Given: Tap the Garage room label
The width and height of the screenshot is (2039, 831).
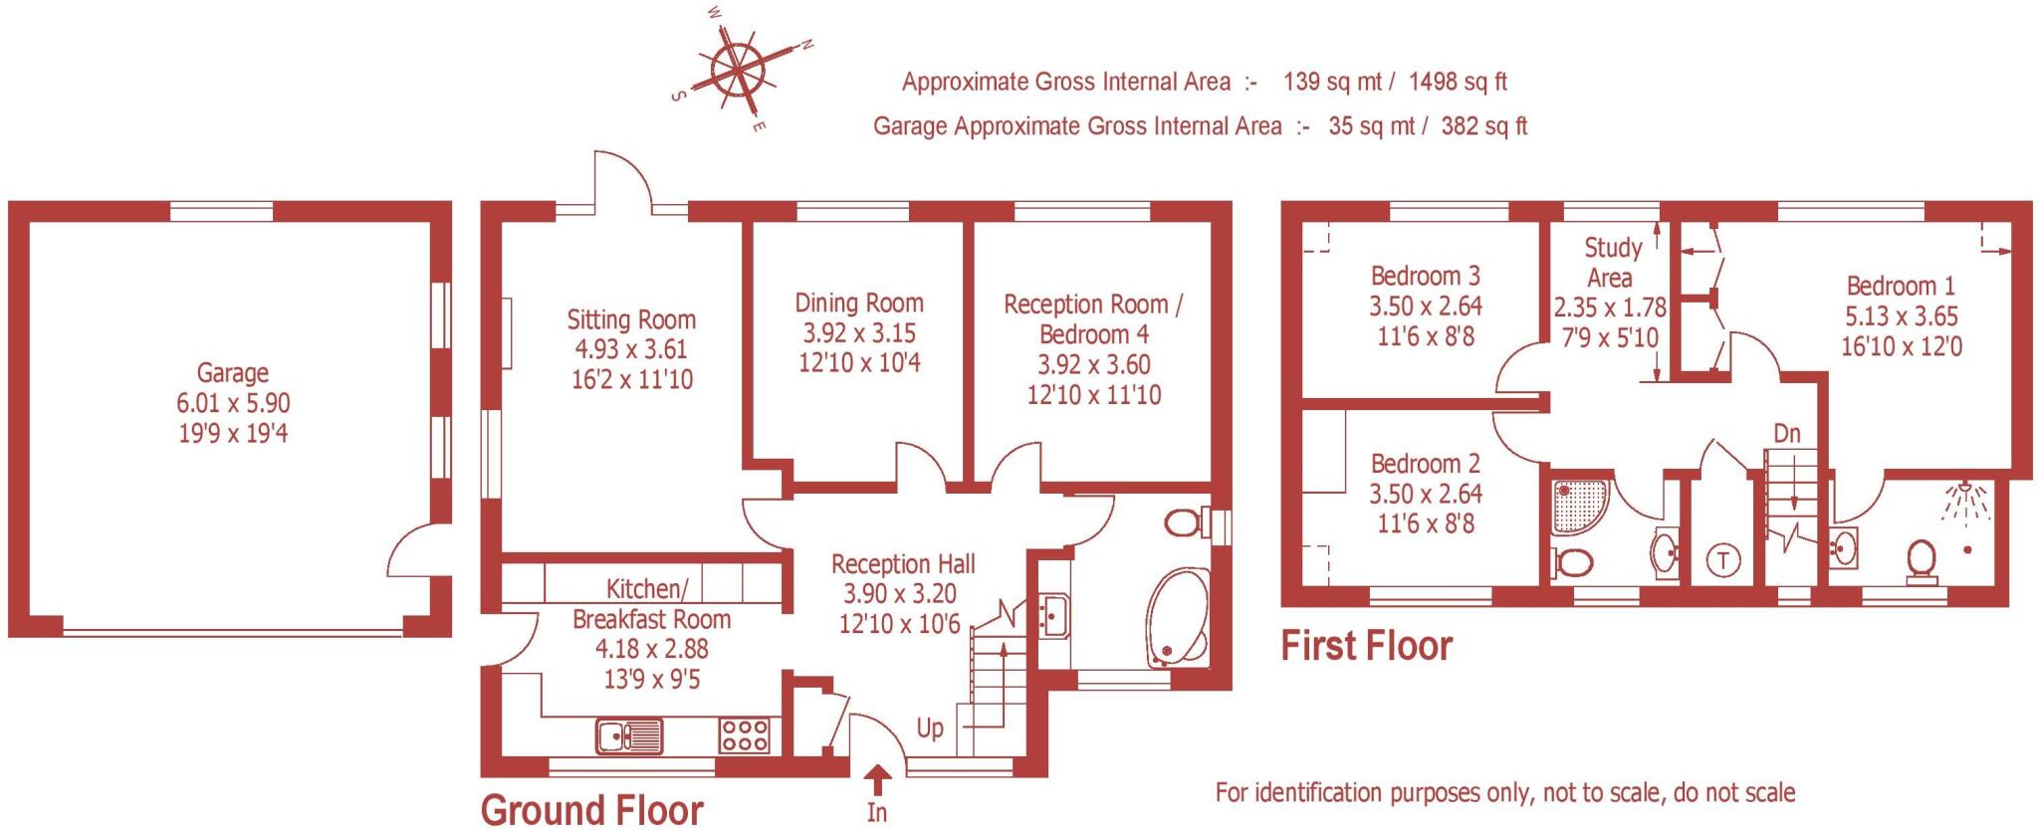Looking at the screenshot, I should (233, 373).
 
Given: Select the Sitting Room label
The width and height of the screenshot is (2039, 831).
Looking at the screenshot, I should (631, 319).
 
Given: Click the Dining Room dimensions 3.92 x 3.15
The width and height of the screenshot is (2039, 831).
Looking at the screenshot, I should (859, 333).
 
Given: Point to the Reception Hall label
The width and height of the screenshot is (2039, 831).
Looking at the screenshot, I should (903, 564).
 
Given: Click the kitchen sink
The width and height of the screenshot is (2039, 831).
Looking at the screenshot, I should (629, 736).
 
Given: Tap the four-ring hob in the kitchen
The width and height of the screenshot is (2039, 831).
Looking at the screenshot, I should (745, 736).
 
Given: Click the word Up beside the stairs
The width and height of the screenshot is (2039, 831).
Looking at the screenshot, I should (930, 728).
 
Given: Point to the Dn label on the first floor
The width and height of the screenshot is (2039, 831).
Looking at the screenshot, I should (1787, 434).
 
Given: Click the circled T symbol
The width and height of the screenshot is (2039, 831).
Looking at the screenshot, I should (1723, 560).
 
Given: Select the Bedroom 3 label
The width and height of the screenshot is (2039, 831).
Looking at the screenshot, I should (1425, 276).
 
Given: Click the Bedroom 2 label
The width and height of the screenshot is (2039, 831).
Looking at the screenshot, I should (1425, 464).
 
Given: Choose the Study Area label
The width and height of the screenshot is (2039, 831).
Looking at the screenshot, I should (1611, 262).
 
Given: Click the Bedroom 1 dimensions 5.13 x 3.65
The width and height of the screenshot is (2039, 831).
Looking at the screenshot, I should (1901, 317).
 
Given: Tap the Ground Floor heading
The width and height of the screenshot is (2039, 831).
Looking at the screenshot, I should (592, 810).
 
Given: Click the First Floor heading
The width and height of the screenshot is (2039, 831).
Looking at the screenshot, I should (1366, 647).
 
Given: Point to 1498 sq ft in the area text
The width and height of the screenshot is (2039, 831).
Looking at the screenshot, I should (1458, 82).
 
